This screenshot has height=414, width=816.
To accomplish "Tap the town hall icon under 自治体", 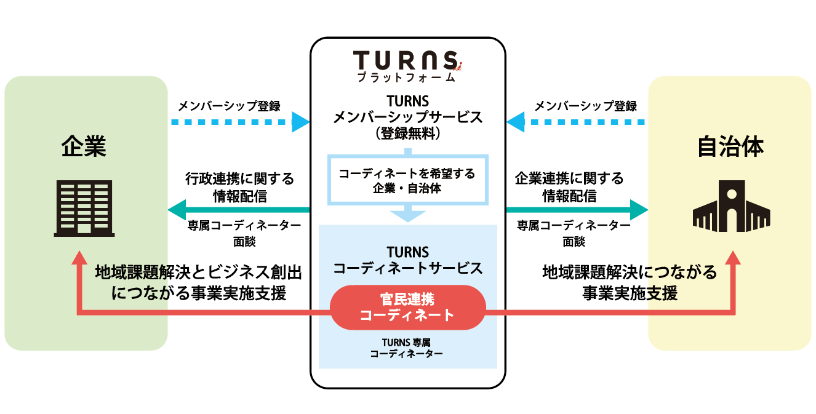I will click(731, 205).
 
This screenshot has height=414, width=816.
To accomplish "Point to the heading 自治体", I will click(730, 146).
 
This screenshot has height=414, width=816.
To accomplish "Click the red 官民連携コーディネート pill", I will click(408, 307).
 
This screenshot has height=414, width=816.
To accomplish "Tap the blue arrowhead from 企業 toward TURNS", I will click(300, 121).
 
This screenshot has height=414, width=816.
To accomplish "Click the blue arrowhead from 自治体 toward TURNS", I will click(515, 121).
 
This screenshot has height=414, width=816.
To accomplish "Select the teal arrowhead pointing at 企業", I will click(177, 210).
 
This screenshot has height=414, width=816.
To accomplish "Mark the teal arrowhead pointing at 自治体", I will click(639, 210).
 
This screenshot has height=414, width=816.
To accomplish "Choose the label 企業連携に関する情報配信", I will click(569, 187).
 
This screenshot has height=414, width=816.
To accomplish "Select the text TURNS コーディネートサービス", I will click(407, 260).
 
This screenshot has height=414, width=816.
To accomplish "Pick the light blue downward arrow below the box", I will click(408, 215).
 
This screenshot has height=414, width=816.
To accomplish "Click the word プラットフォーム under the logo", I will click(406, 78).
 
